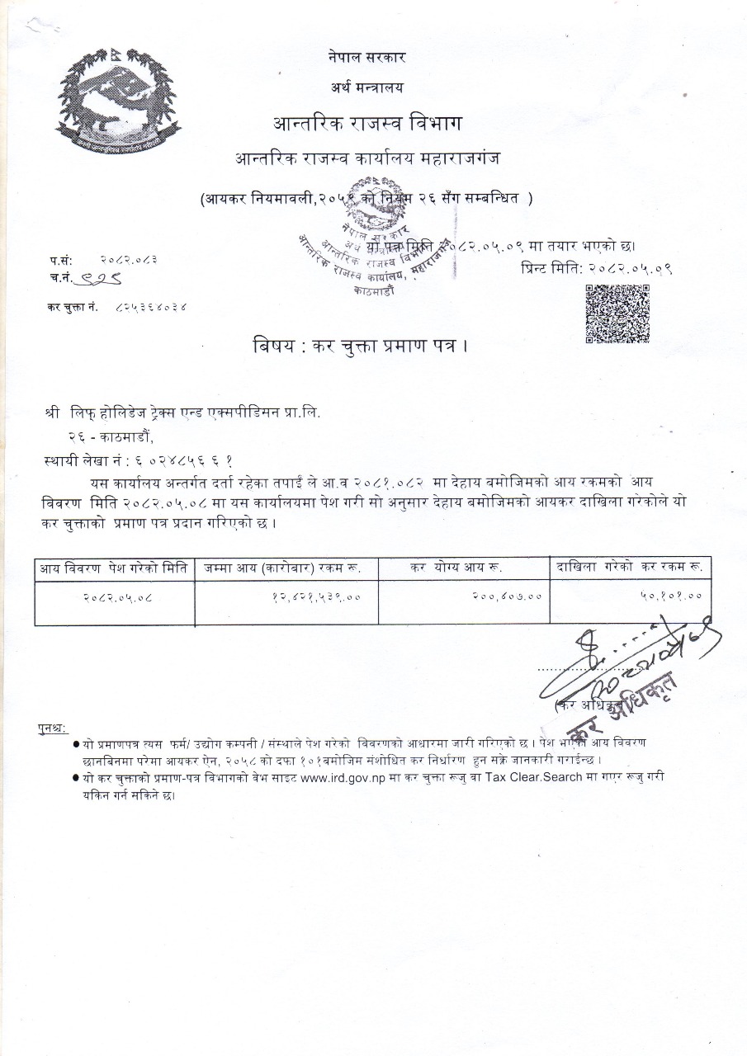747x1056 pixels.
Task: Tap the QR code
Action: click(x=617, y=313)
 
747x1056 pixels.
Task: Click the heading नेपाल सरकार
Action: click(x=366, y=57)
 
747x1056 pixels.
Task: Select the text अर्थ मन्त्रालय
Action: click(x=366, y=87)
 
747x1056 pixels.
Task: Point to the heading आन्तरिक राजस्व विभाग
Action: click(x=367, y=124)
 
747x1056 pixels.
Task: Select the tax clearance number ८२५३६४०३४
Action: click(x=152, y=307)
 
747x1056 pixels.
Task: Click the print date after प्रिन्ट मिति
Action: click(x=629, y=268)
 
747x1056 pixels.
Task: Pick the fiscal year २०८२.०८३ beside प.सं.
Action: click(x=130, y=259)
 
